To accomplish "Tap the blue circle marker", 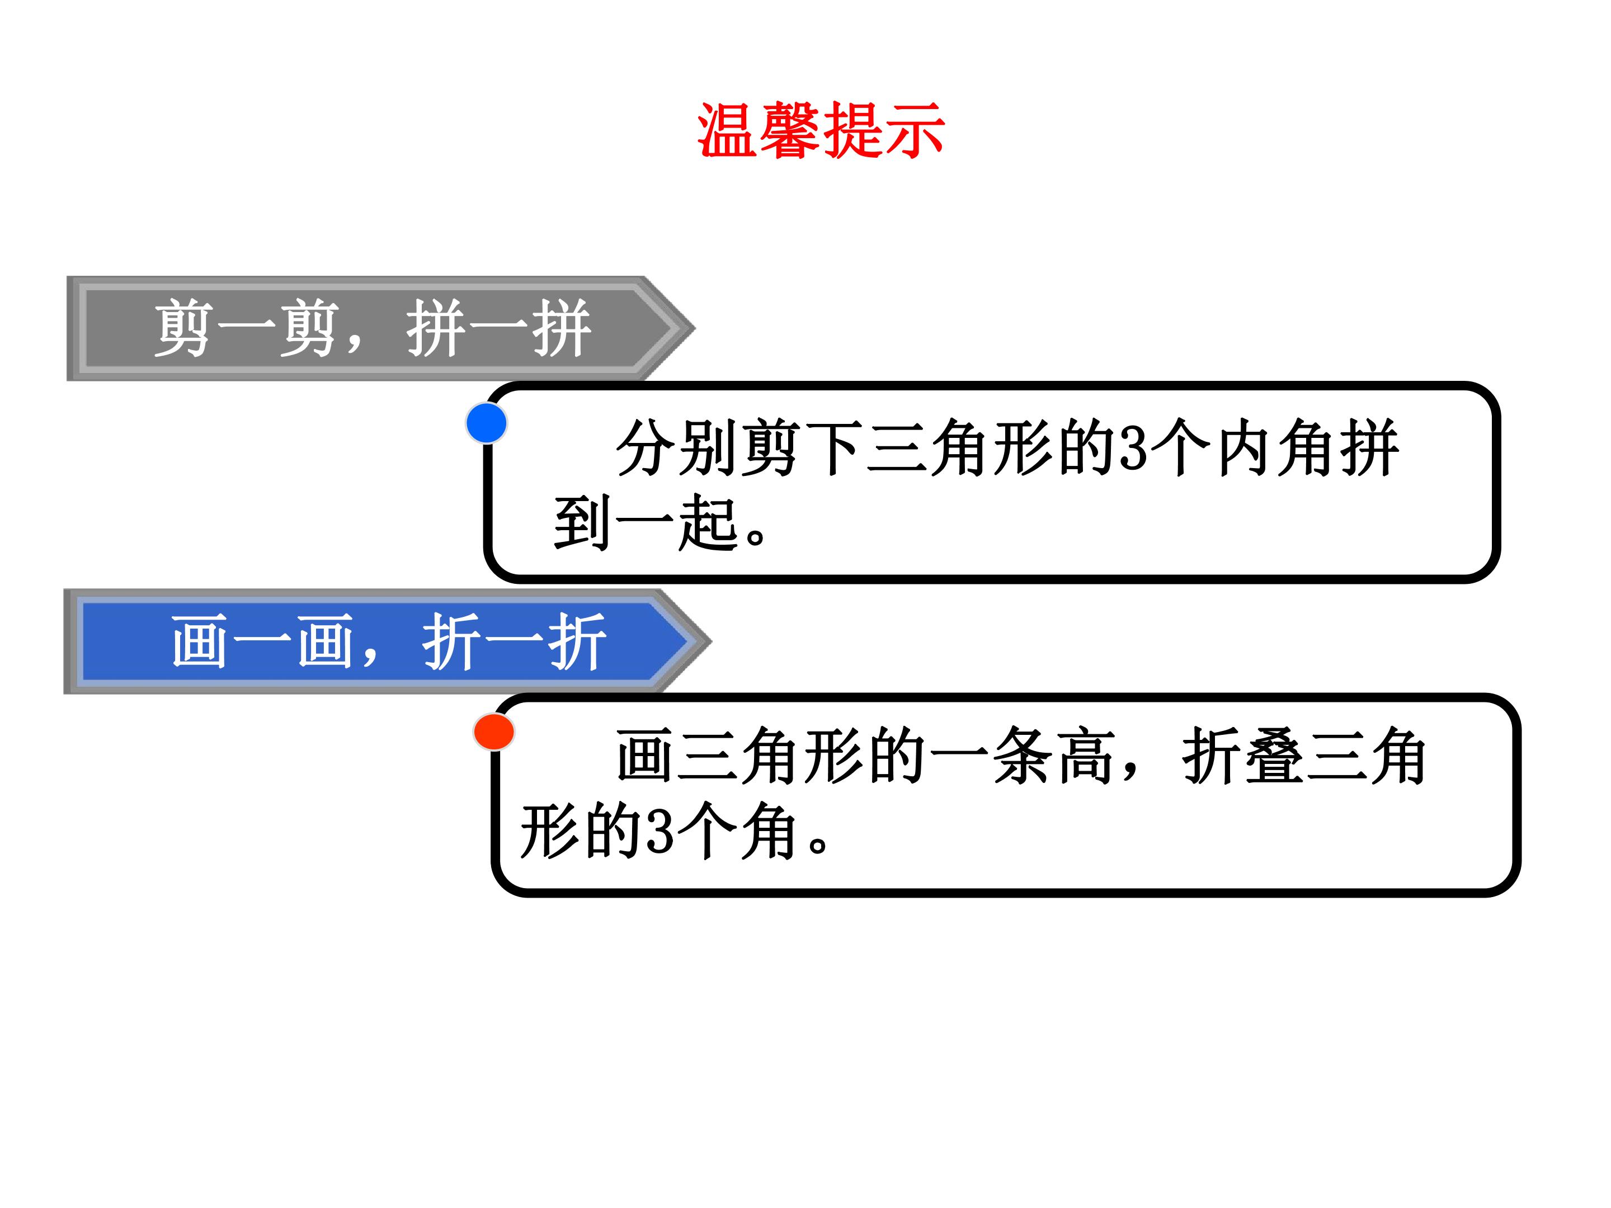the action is (x=487, y=423).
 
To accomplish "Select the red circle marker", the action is (x=494, y=732).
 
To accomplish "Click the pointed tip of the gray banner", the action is (x=695, y=328).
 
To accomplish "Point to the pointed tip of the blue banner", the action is (x=711, y=641).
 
